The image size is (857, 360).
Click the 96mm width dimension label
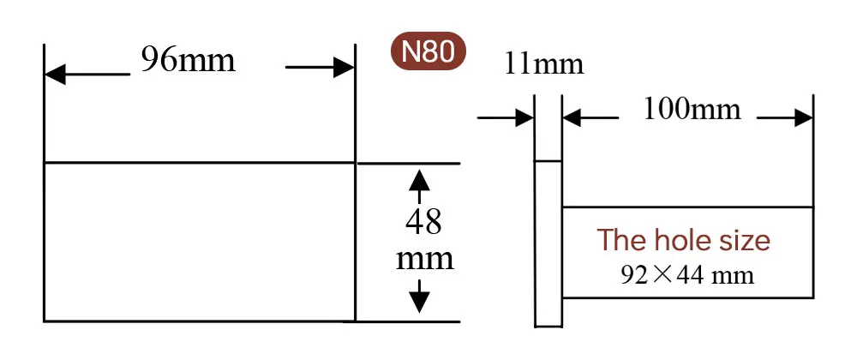click(188, 61)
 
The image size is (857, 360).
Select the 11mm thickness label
click(544, 63)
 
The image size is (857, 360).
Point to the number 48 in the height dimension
click(423, 222)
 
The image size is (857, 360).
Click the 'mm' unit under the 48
click(424, 258)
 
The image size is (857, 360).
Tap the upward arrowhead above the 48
click(419, 179)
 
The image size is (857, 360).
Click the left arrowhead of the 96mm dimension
click(54, 75)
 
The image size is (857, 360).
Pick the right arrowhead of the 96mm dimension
click(345, 68)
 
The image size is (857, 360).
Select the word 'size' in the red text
click(743, 240)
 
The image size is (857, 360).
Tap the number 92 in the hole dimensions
click(631, 275)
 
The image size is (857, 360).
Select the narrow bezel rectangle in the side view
click(548, 244)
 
